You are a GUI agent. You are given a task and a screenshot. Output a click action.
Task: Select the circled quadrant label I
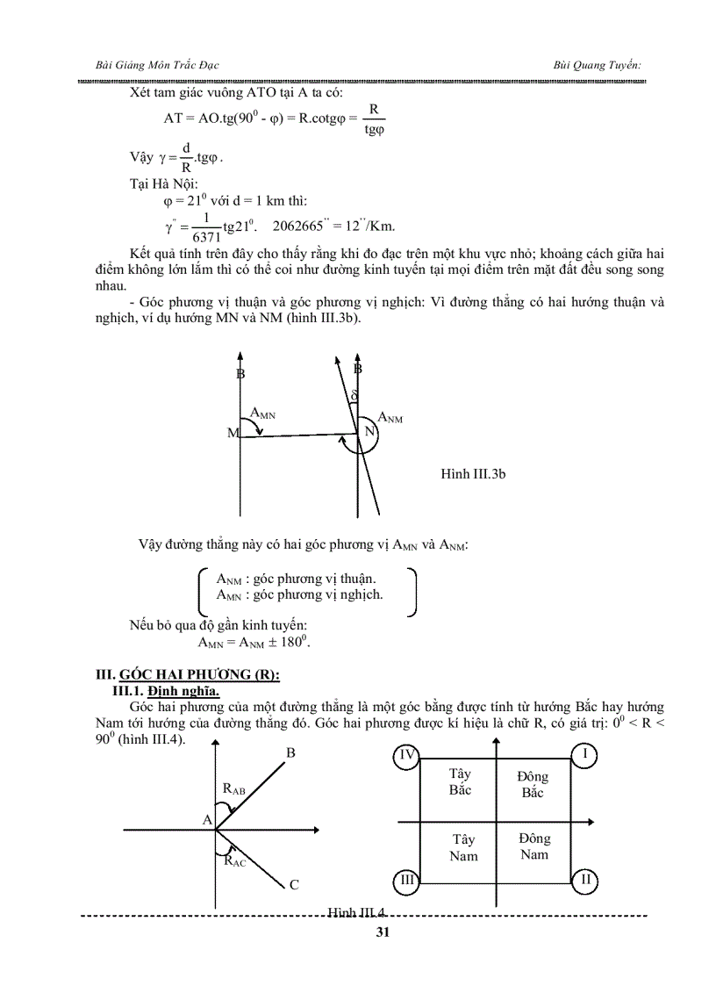pos(584,755)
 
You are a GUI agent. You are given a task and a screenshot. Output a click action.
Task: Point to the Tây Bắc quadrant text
pos(460,781)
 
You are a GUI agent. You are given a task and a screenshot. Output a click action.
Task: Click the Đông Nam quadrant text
pos(533,846)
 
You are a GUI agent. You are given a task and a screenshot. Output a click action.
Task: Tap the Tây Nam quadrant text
pos(462,847)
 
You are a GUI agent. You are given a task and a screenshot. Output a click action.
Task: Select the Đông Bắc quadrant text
pos(533,784)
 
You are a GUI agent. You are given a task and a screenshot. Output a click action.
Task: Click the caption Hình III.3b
pos(473,474)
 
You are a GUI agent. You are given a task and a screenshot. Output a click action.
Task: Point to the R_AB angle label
pos(234,789)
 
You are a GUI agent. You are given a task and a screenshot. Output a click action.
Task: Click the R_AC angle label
pos(234,861)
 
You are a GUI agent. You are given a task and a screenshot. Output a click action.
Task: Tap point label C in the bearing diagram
pos(294,885)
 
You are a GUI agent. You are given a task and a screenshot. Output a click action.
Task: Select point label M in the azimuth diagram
pos(233,434)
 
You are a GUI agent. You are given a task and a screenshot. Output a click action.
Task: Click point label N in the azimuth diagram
pos(369,432)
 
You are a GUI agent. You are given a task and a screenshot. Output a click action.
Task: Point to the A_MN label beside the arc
pos(262,412)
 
